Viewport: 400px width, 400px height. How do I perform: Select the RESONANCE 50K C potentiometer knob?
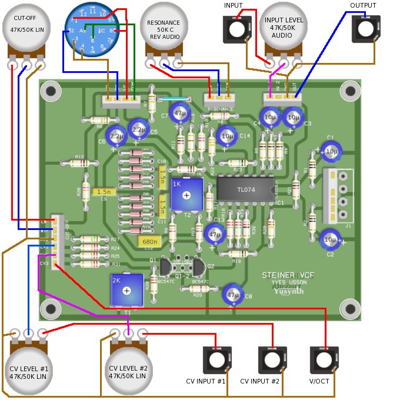[x=164, y=28]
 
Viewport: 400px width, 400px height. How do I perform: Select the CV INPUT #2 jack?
[x=271, y=360]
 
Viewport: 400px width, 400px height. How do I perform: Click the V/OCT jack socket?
[x=323, y=360]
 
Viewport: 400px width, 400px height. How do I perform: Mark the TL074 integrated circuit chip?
[x=247, y=189]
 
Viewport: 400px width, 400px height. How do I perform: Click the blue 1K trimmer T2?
[x=186, y=194]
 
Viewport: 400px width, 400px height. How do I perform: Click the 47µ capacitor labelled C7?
[x=179, y=112]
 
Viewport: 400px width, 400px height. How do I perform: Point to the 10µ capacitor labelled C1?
[x=331, y=151]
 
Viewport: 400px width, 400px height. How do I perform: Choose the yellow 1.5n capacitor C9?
[x=104, y=192]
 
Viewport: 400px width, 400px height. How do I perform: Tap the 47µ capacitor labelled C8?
[x=234, y=295]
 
